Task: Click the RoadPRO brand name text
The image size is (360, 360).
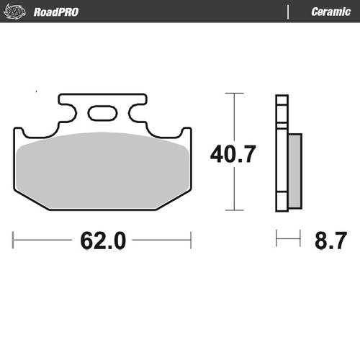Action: [x=55, y=12]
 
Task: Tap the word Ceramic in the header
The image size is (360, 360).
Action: [x=330, y=12]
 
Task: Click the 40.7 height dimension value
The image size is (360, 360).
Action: [x=232, y=154]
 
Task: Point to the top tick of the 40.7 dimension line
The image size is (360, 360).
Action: [x=231, y=94]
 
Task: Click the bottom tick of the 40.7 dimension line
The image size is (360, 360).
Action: [x=231, y=210]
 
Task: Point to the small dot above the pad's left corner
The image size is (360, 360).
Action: [x=35, y=93]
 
